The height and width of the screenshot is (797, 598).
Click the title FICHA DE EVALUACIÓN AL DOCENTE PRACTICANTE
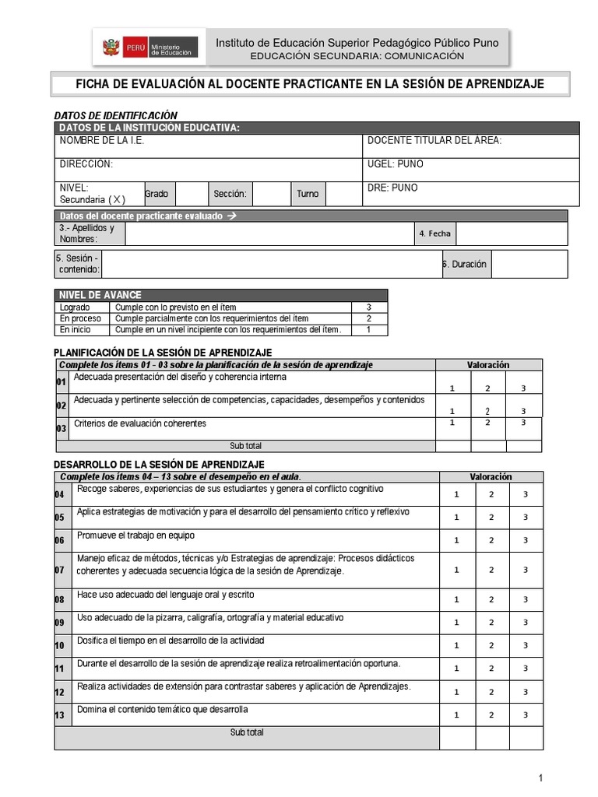click(x=309, y=84)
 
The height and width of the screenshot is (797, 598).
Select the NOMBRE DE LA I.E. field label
click(x=102, y=141)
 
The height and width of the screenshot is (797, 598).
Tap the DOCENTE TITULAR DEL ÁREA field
click(x=434, y=141)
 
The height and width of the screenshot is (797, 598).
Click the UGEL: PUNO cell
click(x=395, y=164)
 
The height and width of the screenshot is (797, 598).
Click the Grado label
click(x=156, y=194)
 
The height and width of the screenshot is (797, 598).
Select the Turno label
click(x=307, y=194)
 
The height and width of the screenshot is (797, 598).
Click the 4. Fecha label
click(x=434, y=233)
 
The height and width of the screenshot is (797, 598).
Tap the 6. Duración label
click(x=465, y=264)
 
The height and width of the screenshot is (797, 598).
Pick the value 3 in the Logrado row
click(x=368, y=307)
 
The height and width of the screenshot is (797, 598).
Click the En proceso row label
click(x=80, y=318)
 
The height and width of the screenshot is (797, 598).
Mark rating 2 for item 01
click(x=487, y=388)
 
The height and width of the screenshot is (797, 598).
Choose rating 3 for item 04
click(x=526, y=494)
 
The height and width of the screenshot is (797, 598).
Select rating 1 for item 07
click(x=457, y=570)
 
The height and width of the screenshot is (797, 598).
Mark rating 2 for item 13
click(x=491, y=714)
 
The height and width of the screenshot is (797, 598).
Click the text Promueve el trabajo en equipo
click(x=135, y=535)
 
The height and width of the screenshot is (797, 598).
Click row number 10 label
click(x=60, y=646)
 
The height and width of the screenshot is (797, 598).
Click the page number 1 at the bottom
click(x=540, y=778)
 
